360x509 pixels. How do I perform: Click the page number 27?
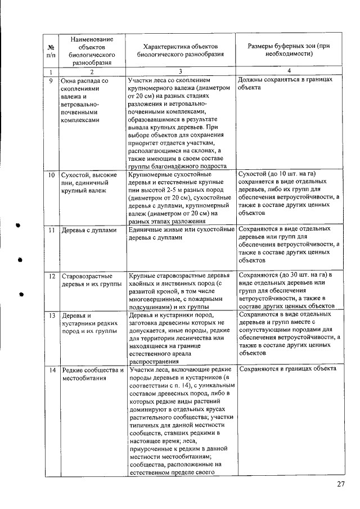(x=340, y=485)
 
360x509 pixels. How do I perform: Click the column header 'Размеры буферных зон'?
(x=288, y=49)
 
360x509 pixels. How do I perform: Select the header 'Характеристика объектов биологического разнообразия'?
(x=181, y=49)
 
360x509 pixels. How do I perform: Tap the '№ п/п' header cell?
(x=51, y=50)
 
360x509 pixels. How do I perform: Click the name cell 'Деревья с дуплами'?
(x=89, y=231)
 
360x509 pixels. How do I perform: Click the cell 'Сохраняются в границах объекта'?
(x=287, y=369)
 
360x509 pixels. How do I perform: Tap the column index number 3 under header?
(x=181, y=71)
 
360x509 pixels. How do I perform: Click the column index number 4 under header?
(x=288, y=71)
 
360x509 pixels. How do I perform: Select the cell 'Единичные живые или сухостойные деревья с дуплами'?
(x=181, y=233)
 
